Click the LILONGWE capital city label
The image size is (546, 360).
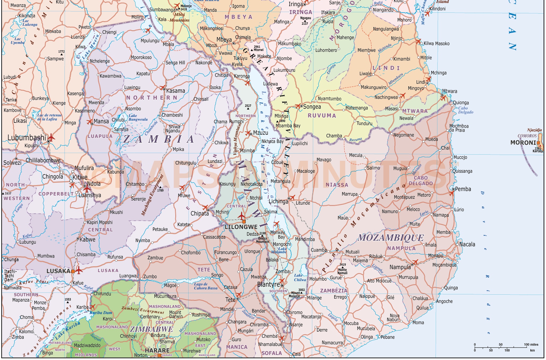[241, 227]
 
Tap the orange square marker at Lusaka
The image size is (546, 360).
[73, 271]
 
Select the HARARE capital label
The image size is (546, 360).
[157, 350]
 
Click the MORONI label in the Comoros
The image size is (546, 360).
[523, 143]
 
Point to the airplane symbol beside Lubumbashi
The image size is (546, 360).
[51, 138]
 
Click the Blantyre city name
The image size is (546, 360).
[268, 285]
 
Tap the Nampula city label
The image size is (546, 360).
[400, 267]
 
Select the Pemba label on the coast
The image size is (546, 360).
[463, 189]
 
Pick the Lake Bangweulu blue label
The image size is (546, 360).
[138, 117]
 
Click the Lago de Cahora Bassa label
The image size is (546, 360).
[205, 286]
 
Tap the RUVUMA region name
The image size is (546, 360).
[322, 116]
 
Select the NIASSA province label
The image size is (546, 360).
[337, 185]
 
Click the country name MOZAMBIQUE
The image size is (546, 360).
[391, 238]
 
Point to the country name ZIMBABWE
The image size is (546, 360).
[151, 329]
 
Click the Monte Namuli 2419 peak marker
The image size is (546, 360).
[343, 267]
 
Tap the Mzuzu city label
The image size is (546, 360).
[260, 133]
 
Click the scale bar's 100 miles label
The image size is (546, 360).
[531, 345]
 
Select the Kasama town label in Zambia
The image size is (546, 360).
[175, 91]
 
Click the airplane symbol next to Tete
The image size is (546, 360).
[238, 295]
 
